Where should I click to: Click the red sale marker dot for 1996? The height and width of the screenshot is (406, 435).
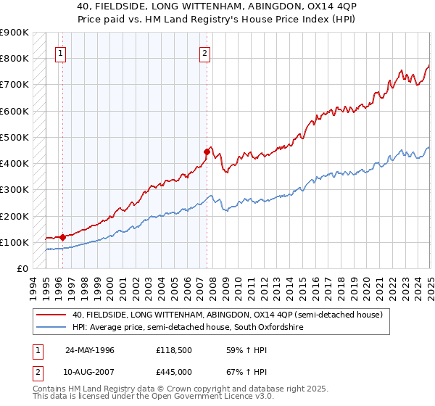point(62,236)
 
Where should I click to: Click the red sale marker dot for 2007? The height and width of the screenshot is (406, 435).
point(207,152)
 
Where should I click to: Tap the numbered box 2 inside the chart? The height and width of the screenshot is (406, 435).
point(205,52)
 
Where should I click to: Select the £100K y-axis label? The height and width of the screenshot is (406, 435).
point(14,242)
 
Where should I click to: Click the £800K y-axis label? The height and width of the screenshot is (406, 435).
point(14,58)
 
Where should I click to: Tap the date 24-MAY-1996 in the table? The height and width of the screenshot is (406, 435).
point(90,350)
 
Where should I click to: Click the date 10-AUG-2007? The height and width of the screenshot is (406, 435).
point(90,372)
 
